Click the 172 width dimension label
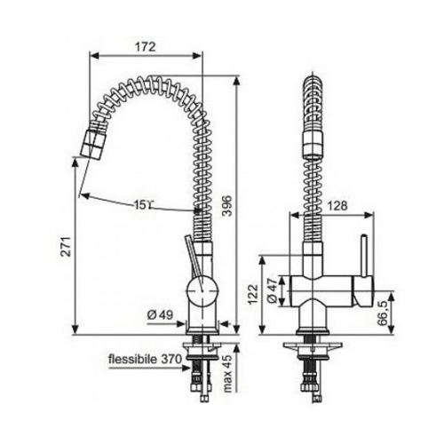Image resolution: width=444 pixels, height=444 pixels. [146, 47]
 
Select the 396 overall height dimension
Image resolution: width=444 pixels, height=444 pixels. [228, 205]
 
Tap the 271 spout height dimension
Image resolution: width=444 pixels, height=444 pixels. [67, 246]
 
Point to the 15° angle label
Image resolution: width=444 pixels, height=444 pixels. [143, 205]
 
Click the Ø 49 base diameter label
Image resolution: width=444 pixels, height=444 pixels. [160, 315]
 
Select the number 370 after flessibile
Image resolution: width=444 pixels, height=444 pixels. [171, 360]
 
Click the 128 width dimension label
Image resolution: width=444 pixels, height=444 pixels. [337, 205]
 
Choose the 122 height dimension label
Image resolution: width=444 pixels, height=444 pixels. [252, 294]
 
